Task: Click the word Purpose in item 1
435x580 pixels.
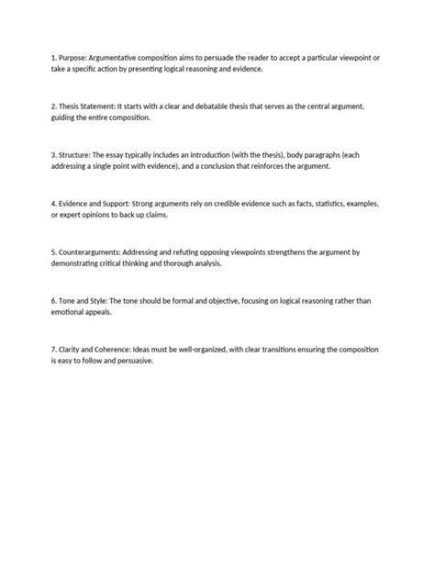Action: click(74, 58)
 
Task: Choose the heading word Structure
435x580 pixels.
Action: click(79, 155)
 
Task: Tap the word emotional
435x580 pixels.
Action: click(72, 312)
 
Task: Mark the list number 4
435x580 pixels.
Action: click(54, 204)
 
